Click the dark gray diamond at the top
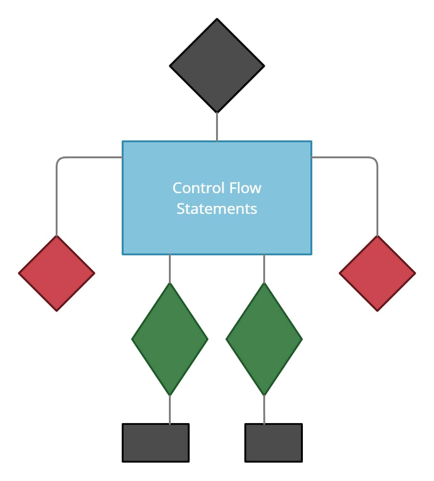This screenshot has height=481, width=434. (217, 66)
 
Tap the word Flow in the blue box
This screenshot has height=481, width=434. (245, 188)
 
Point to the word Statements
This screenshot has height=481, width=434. (217, 208)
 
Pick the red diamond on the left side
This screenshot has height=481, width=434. (57, 273)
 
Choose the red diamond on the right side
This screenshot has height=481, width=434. (377, 273)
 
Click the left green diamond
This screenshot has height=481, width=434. (170, 339)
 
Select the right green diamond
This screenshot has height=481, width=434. (264, 339)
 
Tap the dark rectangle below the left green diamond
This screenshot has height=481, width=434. (156, 443)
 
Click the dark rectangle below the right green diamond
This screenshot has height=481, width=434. (274, 443)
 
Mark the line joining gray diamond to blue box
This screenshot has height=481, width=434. (217, 127)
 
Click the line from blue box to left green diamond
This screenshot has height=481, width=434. (170, 269)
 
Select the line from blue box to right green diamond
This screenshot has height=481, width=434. (264, 269)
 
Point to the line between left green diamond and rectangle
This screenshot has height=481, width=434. (170, 410)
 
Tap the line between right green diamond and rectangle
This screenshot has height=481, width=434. (264, 410)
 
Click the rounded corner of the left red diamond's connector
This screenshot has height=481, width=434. (58, 159)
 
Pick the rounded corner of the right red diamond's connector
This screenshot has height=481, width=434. (376, 159)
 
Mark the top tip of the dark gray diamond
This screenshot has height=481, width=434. (217, 20)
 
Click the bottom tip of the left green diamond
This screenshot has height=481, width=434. (170, 394)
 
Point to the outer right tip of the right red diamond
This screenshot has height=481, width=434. (414, 273)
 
